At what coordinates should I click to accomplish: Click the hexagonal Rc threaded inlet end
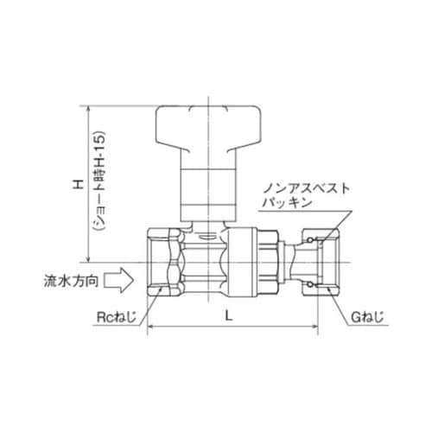166,260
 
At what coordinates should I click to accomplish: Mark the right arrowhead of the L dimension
317,328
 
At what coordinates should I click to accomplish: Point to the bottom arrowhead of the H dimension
87,257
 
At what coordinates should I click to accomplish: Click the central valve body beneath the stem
208,259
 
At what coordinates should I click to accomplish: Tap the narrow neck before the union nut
298,259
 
